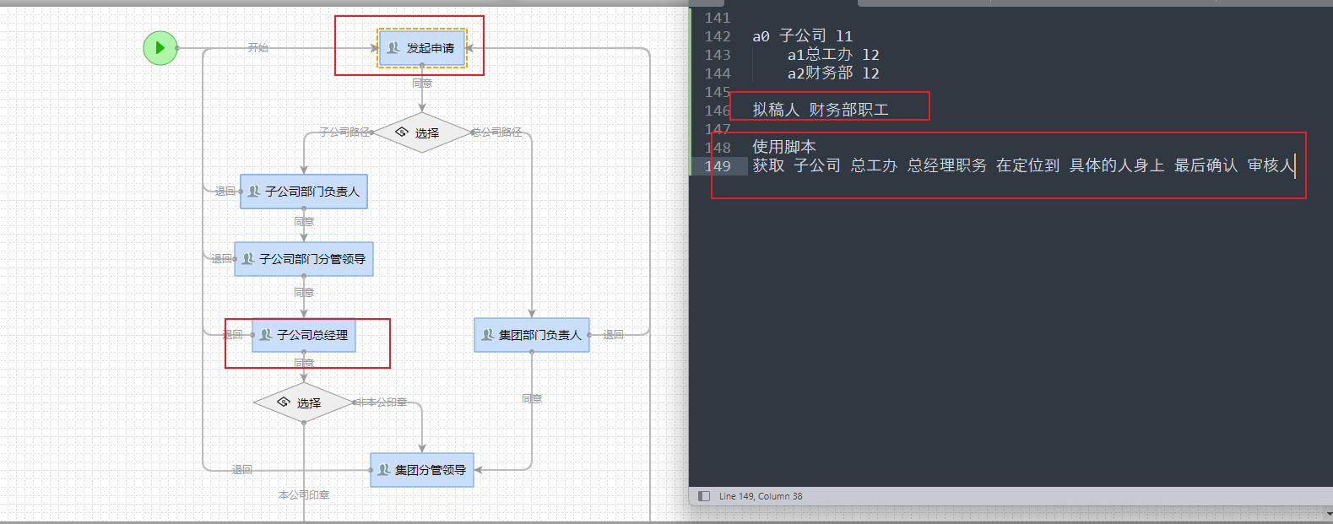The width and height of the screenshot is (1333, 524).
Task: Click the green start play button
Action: pos(160,48)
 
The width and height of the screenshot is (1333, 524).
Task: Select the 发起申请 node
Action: pos(422,48)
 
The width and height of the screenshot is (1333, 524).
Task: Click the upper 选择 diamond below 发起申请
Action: pos(421,133)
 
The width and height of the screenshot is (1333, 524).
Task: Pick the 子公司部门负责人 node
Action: pos(304,192)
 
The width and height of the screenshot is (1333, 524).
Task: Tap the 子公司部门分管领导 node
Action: pos(304,259)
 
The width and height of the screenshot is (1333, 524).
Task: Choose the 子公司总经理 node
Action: pos(304,335)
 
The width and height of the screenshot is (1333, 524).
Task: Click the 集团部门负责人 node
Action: pos(532,335)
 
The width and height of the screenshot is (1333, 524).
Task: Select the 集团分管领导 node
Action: pos(422,470)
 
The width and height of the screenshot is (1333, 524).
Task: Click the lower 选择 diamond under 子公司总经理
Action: pos(303,403)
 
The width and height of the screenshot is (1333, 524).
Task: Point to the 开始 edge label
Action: pos(258,48)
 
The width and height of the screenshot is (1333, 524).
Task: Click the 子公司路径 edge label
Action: pos(344,132)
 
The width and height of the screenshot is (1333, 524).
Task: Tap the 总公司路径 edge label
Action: pos(496,132)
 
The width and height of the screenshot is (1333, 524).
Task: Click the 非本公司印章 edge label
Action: pos(382,402)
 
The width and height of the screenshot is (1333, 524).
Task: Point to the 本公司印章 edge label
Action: pos(304,495)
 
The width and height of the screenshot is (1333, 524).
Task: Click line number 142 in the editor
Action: pos(718,36)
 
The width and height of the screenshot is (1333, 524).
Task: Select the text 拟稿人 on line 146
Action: pos(776,110)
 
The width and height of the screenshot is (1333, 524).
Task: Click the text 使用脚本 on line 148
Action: pos(784,147)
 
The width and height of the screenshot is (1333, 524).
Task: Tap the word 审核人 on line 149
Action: pos(1271,165)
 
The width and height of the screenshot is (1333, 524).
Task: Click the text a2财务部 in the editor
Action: pos(821,73)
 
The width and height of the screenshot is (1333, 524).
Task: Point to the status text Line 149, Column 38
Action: pos(761,496)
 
